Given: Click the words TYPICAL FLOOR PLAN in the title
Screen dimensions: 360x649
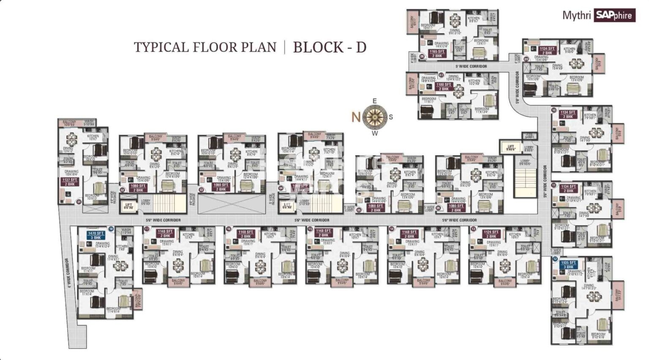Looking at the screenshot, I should coord(205,47).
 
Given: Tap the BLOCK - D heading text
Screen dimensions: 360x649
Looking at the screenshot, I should coord(330,47).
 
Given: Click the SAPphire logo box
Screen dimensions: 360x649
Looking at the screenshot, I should coord(614,15).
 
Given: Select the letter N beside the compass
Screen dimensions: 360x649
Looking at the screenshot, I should coord(356,117).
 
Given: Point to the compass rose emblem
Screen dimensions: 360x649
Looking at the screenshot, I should coord(374,117).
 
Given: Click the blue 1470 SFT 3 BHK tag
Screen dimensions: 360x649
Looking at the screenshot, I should coord(96,235).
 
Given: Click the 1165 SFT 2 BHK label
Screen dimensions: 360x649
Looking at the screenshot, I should coord(436,54).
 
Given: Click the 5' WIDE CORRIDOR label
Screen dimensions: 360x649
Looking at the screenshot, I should coord(471,66).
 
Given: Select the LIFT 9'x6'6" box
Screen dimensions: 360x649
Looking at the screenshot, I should coord(510,147).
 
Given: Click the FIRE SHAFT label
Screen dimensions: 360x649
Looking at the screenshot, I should coord(529,136).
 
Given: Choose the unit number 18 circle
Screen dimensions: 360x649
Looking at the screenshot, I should coord(111,229).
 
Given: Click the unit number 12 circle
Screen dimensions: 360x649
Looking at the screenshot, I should coord(555,259).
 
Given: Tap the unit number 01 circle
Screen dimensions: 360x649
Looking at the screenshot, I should coord(79,202).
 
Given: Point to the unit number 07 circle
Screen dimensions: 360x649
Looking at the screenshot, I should coord(441,75).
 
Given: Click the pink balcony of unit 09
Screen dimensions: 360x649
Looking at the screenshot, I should coord(597,63).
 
